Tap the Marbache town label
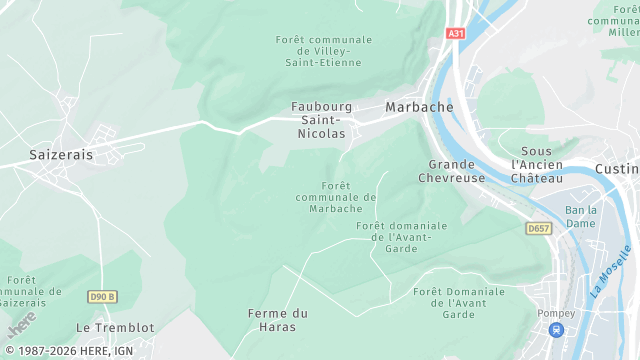pyautogui.click(x=419, y=107)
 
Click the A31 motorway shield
pyautogui.click(x=456, y=33)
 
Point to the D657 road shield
pyautogui.click(x=539, y=229)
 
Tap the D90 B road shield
pyautogui.click(x=102, y=296)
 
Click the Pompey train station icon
pyautogui.click(x=557, y=329)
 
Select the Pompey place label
pyautogui.click(x=556, y=313)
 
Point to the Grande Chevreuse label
pyautogui.click(x=457, y=171)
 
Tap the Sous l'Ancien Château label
pyautogui.click(x=537, y=164)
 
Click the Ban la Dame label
pyautogui.click(x=581, y=216)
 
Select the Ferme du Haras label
pyautogui.click(x=277, y=320)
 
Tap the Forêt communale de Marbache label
pyautogui.click(x=336, y=197)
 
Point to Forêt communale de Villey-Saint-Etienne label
pyautogui.click(x=323, y=51)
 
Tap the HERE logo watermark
pyautogui.click(x=22, y=324)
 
